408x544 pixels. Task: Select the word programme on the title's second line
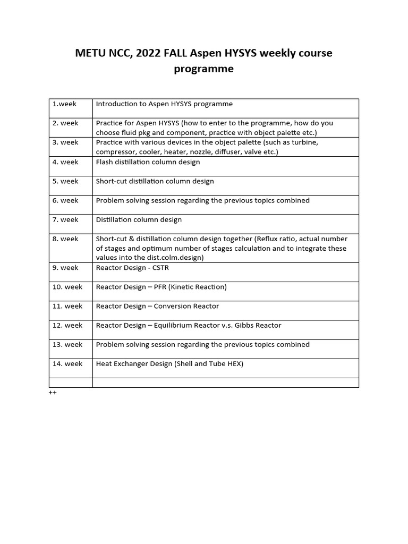coord(203,69)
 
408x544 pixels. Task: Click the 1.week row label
coord(64,104)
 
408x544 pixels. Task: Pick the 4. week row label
coord(65,161)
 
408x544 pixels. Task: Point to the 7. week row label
coord(65,219)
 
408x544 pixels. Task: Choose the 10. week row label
coord(67,287)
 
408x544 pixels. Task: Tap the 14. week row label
coord(67,364)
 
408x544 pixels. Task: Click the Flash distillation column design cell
coord(148,161)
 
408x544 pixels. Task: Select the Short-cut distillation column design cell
coord(155,181)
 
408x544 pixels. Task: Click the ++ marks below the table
coord(53,393)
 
